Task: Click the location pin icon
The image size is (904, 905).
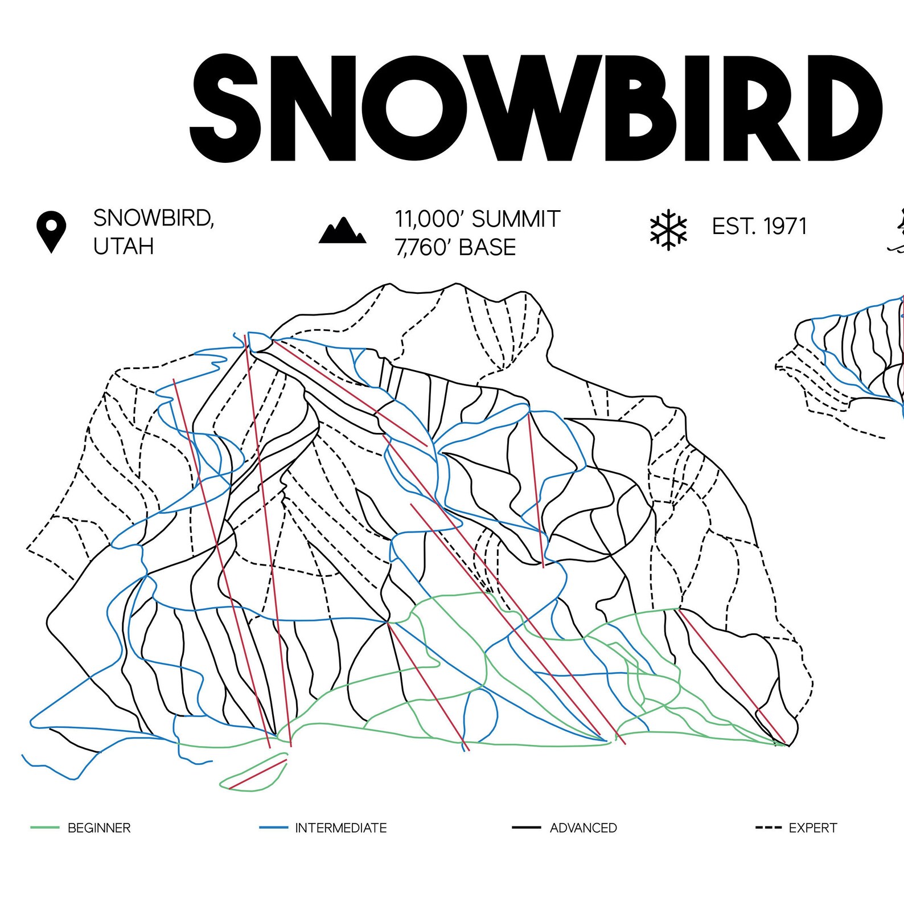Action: pyautogui.click(x=51, y=231)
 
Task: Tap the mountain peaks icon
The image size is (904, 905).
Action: pyautogui.click(x=342, y=231)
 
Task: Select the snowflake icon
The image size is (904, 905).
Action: pyautogui.click(x=668, y=230)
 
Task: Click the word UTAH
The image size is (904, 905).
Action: pyautogui.click(x=124, y=247)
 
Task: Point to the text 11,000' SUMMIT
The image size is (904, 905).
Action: pyautogui.click(x=478, y=219)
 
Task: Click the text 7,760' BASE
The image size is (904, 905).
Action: pyautogui.click(x=455, y=247)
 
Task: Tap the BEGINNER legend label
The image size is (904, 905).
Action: pyautogui.click(x=99, y=828)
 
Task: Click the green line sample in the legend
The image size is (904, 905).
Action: pyautogui.click(x=45, y=828)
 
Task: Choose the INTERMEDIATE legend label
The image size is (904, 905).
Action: pyautogui.click(x=340, y=828)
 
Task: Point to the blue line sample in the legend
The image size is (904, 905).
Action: pyautogui.click(x=273, y=828)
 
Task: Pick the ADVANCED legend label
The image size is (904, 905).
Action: pyautogui.click(x=583, y=828)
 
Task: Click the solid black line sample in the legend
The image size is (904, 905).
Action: pyautogui.click(x=526, y=828)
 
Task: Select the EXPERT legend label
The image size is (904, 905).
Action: pyautogui.click(x=812, y=828)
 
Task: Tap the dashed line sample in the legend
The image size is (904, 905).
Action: pyautogui.click(x=768, y=828)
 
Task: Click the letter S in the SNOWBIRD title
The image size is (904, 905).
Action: pyautogui.click(x=225, y=108)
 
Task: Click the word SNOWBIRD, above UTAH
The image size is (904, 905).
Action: pyautogui.click(x=153, y=218)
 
